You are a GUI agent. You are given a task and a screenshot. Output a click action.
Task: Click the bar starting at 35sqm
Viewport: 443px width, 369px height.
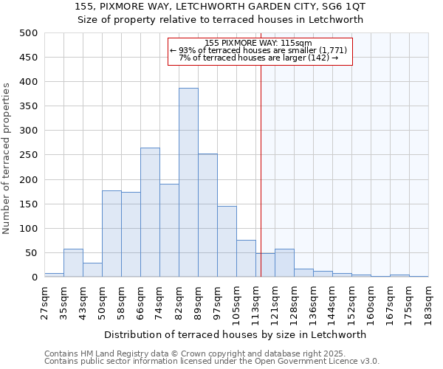pos(73,263)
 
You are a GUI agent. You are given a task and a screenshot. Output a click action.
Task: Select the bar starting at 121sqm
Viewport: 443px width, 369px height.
pos(284,263)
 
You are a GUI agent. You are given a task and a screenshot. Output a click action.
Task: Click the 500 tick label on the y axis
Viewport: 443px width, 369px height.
pos(28,33)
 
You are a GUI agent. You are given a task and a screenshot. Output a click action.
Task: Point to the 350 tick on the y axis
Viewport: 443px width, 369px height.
pos(28,106)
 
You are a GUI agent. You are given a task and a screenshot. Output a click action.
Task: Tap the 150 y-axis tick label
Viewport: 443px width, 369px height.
pos(28,204)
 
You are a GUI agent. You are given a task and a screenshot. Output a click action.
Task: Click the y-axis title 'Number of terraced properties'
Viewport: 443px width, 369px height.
pos(7,158)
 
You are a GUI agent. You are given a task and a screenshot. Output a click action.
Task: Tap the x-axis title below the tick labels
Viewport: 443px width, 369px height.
pos(236,334)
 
